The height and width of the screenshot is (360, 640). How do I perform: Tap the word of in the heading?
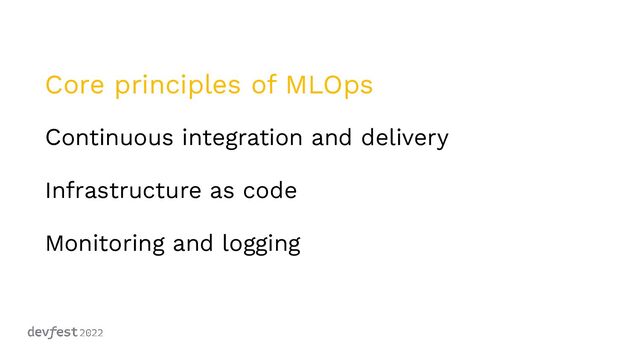click(x=265, y=86)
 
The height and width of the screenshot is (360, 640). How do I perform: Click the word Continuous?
click(x=109, y=138)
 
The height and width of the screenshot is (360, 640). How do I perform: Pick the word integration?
click(x=244, y=139)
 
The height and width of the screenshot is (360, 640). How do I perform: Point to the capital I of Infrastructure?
click(x=48, y=190)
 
